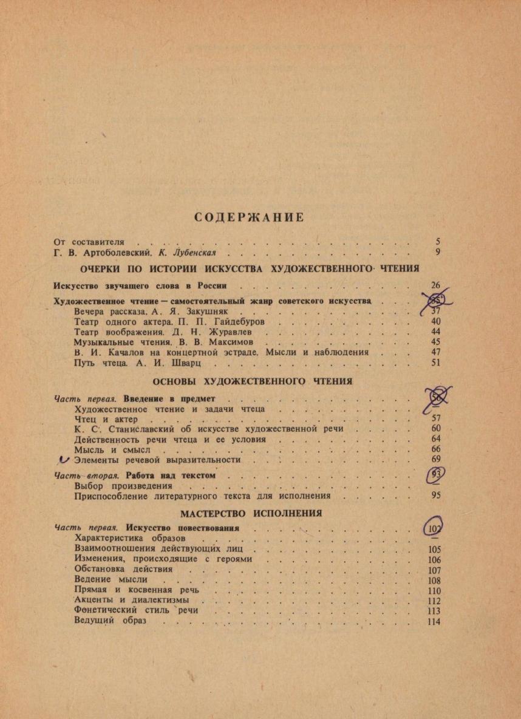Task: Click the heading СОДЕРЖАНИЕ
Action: click(x=249, y=217)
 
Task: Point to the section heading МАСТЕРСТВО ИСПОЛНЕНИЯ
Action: click(x=251, y=513)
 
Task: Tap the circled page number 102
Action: click(x=434, y=527)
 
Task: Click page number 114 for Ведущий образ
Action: click(x=434, y=621)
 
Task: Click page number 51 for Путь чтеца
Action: click(x=435, y=363)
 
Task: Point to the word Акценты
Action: click(x=97, y=600)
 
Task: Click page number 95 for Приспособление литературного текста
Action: click(x=435, y=496)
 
